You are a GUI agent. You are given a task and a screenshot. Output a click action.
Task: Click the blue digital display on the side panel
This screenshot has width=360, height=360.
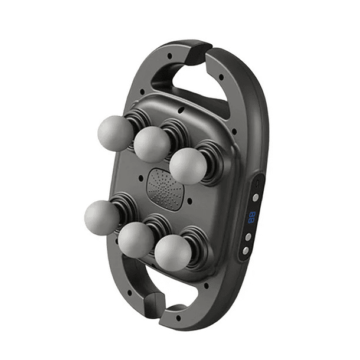tap(252, 217)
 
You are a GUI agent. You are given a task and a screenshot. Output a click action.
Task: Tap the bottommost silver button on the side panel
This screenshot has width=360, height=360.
tap(246, 250)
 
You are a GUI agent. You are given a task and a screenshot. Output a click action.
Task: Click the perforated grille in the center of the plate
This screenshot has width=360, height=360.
tap(165, 188)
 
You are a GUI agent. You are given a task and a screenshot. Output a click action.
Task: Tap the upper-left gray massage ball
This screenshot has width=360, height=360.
tap(115, 132)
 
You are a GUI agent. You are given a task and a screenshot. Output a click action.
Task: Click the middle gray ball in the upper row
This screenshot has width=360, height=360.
tap(152, 144)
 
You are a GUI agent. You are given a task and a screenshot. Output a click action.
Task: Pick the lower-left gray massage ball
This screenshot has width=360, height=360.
tap(102, 217)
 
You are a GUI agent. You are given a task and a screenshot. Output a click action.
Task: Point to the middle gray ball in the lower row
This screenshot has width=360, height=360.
tap(136, 240)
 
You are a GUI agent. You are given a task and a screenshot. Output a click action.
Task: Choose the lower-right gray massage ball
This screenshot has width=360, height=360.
tap(172, 253)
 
